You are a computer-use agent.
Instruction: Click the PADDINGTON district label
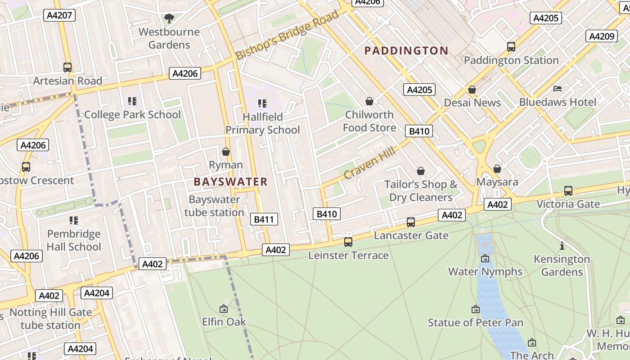(406, 50)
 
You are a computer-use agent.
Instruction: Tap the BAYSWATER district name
(230, 182)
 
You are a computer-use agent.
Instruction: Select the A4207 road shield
(59, 16)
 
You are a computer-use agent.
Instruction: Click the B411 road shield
(264, 219)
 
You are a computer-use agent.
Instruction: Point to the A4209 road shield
(601, 36)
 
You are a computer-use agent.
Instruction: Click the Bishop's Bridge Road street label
(287, 36)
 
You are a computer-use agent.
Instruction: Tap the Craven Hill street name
(369, 163)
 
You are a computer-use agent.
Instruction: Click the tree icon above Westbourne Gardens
(169, 18)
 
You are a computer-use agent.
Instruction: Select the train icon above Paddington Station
(511, 46)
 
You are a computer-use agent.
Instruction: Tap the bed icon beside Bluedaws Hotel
(558, 89)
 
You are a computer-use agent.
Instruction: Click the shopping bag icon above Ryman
(226, 152)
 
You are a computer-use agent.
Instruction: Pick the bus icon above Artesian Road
(67, 67)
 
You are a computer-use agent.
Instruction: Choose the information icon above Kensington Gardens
(562, 246)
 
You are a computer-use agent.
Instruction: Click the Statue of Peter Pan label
(475, 323)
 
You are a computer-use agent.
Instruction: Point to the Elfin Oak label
(224, 322)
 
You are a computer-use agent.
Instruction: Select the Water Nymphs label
(485, 272)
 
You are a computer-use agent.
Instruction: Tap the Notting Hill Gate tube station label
(50, 319)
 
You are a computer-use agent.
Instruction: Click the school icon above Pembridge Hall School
(74, 220)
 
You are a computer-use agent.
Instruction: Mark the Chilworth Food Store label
(369, 121)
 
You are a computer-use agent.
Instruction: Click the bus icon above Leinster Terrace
(348, 242)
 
